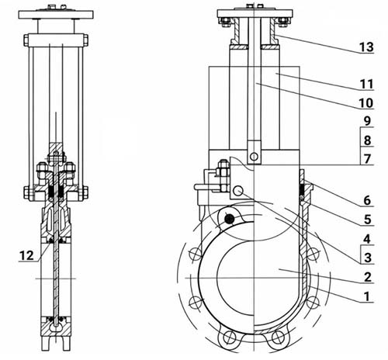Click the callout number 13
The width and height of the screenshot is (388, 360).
[x=366, y=47]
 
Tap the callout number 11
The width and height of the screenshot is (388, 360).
[x=366, y=84]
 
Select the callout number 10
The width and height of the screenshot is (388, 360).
[x=366, y=103]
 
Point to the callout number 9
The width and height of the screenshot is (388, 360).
[x=367, y=121]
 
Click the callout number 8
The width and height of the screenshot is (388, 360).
[x=367, y=140]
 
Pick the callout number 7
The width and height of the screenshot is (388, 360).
[x=368, y=159]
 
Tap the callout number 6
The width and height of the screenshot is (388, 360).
[x=367, y=200]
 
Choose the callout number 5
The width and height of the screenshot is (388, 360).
[x=368, y=220]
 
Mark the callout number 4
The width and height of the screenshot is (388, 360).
[x=367, y=239]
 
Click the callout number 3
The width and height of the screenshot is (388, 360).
[x=368, y=258]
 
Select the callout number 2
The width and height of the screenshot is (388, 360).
[x=368, y=277]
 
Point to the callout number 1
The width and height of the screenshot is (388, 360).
[x=367, y=296]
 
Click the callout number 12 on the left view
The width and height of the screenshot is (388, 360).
[x=26, y=255]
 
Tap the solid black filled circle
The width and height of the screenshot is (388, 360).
[x=229, y=219]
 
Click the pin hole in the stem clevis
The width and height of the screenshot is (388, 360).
[x=254, y=156]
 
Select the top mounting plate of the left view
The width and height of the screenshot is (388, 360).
[x=56, y=15]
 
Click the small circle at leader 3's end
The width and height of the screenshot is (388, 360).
[x=237, y=191]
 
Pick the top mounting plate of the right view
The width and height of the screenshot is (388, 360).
[x=255, y=13]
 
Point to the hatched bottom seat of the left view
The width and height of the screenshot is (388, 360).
[x=56, y=327]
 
